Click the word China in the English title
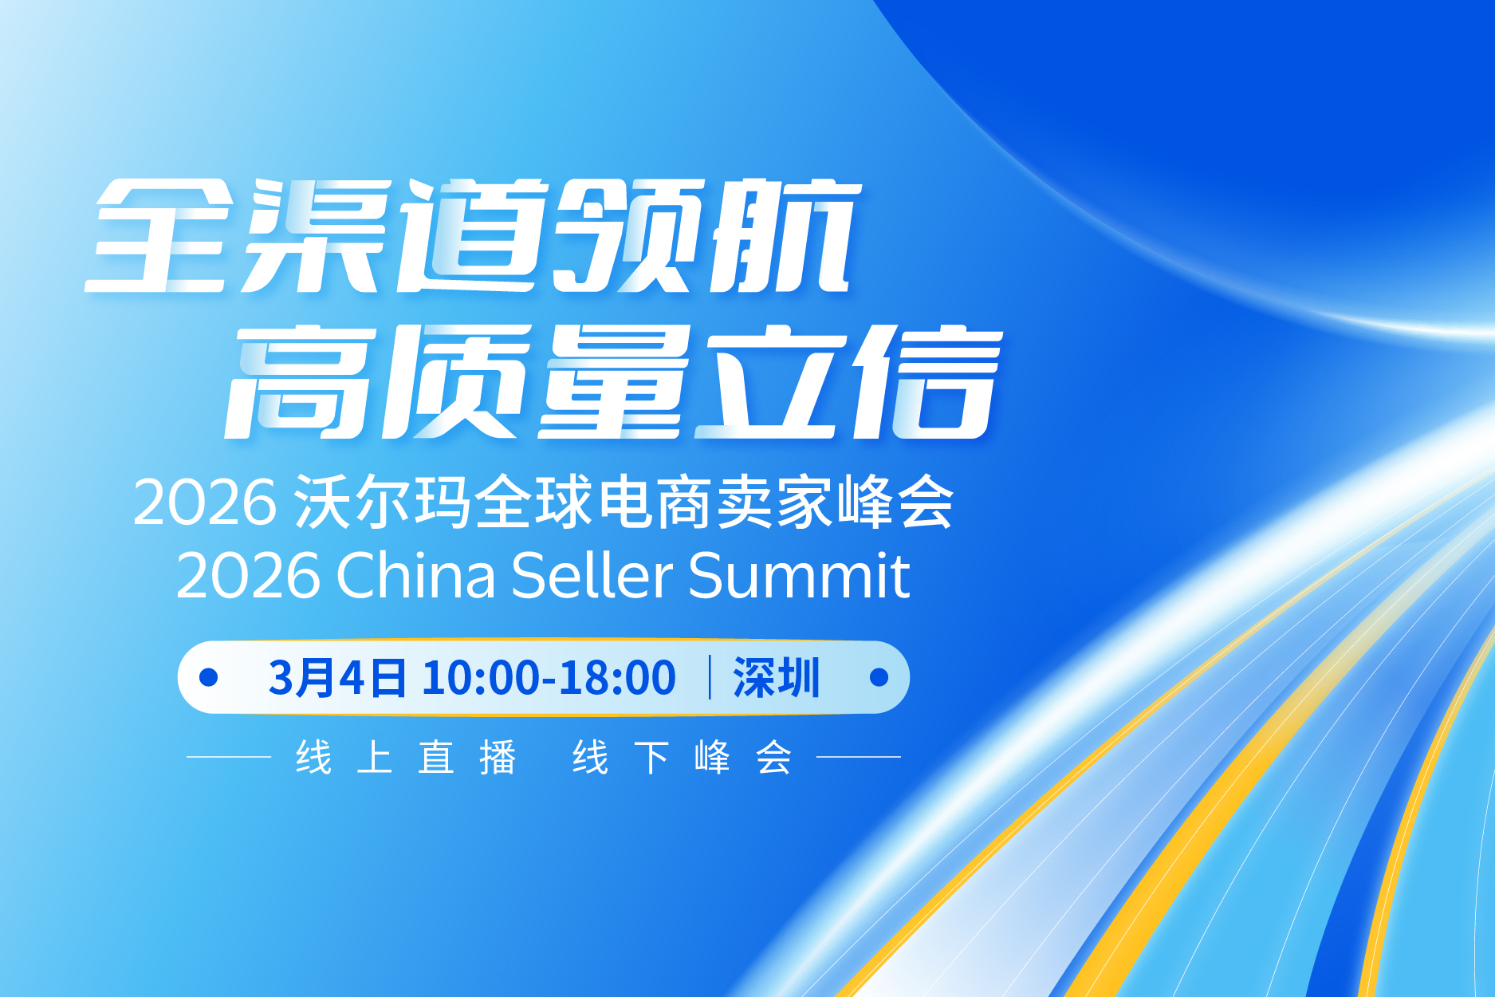pyautogui.click(x=415, y=575)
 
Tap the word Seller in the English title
pyautogui.click(x=592, y=575)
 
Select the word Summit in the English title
pyautogui.click(x=798, y=575)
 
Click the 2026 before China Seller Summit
pyautogui.click(x=248, y=575)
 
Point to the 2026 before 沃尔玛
pyautogui.click(x=205, y=502)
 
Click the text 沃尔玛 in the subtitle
pyautogui.click(x=382, y=502)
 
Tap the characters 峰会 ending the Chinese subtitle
pyautogui.click(x=895, y=502)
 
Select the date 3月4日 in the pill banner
pyautogui.click(x=336, y=678)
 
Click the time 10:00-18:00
pyautogui.click(x=549, y=678)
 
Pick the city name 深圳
pyautogui.click(x=776, y=678)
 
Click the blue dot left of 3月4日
pyautogui.click(x=209, y=677)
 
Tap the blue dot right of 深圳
pyautogui.click(x=879, y=677)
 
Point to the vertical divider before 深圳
pyautogui.click(x=710, y=677)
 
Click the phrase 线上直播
pyautogui.click(x=406, y=757)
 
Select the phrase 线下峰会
pyautogui.click(x=682, y=757)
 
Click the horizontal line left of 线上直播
pyautogui.click(x=229, y=757)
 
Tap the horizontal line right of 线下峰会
pyautogui.click(x=859, y=757)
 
